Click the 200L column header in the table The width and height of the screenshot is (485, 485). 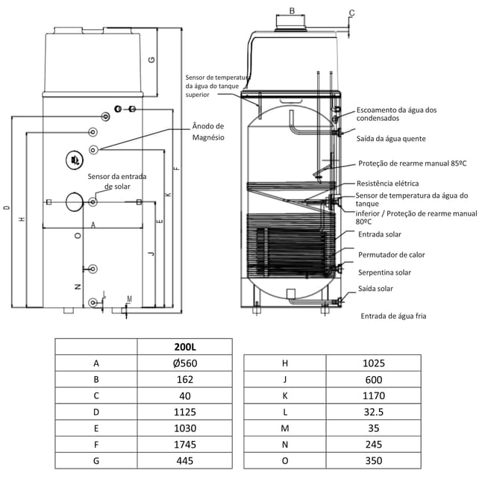185,347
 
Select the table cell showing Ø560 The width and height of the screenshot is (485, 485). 185,363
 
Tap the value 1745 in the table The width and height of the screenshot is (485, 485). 185,445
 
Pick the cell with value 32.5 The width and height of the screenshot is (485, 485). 374,412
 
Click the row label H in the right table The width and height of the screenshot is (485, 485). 285,363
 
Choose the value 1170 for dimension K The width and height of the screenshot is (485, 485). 374,395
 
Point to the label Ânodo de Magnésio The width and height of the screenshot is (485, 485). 208,132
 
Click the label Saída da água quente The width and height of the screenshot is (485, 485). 391,139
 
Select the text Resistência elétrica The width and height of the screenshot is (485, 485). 387,184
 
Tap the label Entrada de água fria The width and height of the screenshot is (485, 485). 393,316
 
